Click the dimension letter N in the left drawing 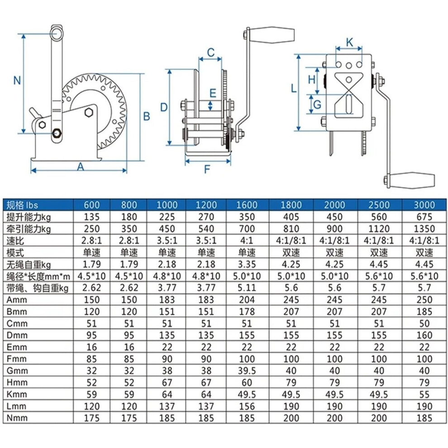(x=17, y=80)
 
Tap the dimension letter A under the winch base (x=81, y=167)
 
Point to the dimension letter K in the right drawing (x=349, y=42)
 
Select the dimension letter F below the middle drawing (x=207, y=169)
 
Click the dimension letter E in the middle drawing (x=213, y=93)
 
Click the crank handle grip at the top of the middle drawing (x=272, y=35)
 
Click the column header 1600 (x=247, y=205)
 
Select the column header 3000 (x=424, y=205)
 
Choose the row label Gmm (x=17, y=371)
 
